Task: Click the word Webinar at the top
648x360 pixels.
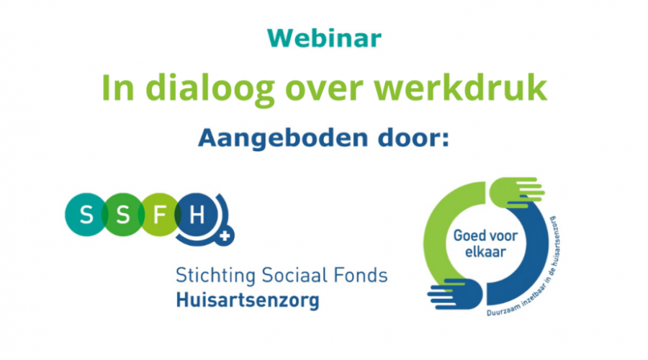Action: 324,38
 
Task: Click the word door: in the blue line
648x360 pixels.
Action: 413,138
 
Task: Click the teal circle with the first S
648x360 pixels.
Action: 86,215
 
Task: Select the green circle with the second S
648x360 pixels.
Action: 122,215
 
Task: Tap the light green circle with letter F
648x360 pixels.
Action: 160,215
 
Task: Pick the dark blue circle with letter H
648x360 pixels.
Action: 196,215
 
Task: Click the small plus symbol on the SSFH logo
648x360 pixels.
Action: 225,236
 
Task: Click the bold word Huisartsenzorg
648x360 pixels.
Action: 248,300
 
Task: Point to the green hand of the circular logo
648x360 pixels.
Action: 516,192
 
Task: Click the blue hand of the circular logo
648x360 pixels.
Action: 455,294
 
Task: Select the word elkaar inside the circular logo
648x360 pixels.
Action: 485,252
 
